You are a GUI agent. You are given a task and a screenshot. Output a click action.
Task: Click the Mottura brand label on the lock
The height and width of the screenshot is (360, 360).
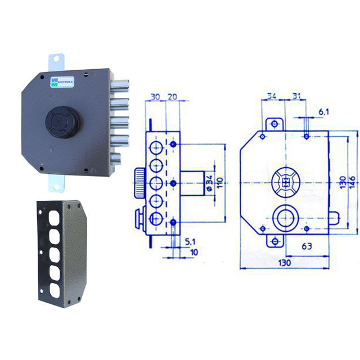click(62, 82)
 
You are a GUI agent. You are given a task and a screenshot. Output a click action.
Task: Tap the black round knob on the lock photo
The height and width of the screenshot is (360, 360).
click(63, 122)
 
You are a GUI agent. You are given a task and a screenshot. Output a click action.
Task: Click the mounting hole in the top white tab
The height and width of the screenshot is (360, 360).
click(56, 59)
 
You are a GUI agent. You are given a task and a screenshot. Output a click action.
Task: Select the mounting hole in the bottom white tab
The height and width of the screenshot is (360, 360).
click(56, 187)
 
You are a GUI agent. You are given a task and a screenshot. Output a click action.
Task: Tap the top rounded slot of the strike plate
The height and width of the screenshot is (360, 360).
click(54, 218)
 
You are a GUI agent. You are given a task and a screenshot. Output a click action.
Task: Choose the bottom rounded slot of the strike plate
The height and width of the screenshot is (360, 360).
click(55, 291)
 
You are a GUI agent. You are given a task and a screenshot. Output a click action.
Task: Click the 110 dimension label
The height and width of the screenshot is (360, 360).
click(220, 182)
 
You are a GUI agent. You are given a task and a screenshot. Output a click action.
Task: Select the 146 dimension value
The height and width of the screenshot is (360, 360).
click(352, 182)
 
